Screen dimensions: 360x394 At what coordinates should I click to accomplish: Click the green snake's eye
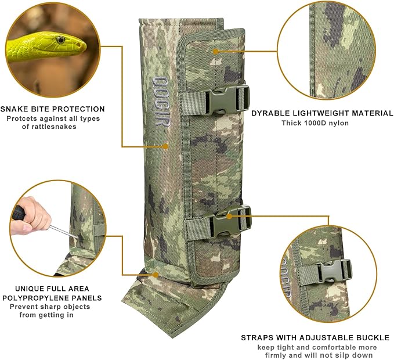point(60,39)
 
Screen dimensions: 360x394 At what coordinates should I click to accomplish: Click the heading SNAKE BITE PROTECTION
point(53,109)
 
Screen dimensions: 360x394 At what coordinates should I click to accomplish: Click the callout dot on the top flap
point(215,51)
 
